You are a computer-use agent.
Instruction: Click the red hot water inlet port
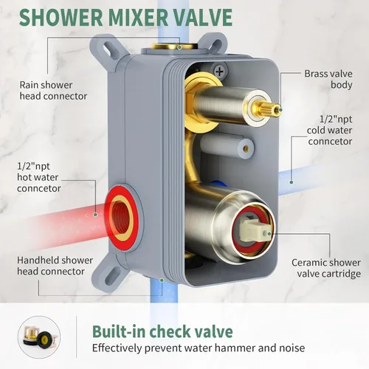pyautogui.click(x=121, y=217)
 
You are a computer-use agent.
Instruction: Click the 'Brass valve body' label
pyautogui.click(x=328, y=79)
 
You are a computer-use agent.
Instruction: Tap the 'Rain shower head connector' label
pyautogui.click(x=53, y=90)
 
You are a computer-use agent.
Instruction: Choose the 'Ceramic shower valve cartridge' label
pyautogui.click(x=326, y=268)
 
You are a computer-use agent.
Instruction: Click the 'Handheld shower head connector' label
pyautogui.click(x=55, y=266)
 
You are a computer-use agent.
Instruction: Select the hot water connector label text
pyautogui.click(x=38, y=177)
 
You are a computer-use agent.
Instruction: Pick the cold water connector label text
pyautogui.click(x=330, y=130)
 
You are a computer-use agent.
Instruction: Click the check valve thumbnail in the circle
pyautogui.click(x=39, y=337)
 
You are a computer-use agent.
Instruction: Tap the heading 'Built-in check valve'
pyautogui.click(x=162, y=331)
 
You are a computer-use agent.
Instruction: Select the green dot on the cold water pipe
pyautogui.click(x=292, y=182)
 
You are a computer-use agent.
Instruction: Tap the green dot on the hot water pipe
pyautogui.click(x=96, y=215)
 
